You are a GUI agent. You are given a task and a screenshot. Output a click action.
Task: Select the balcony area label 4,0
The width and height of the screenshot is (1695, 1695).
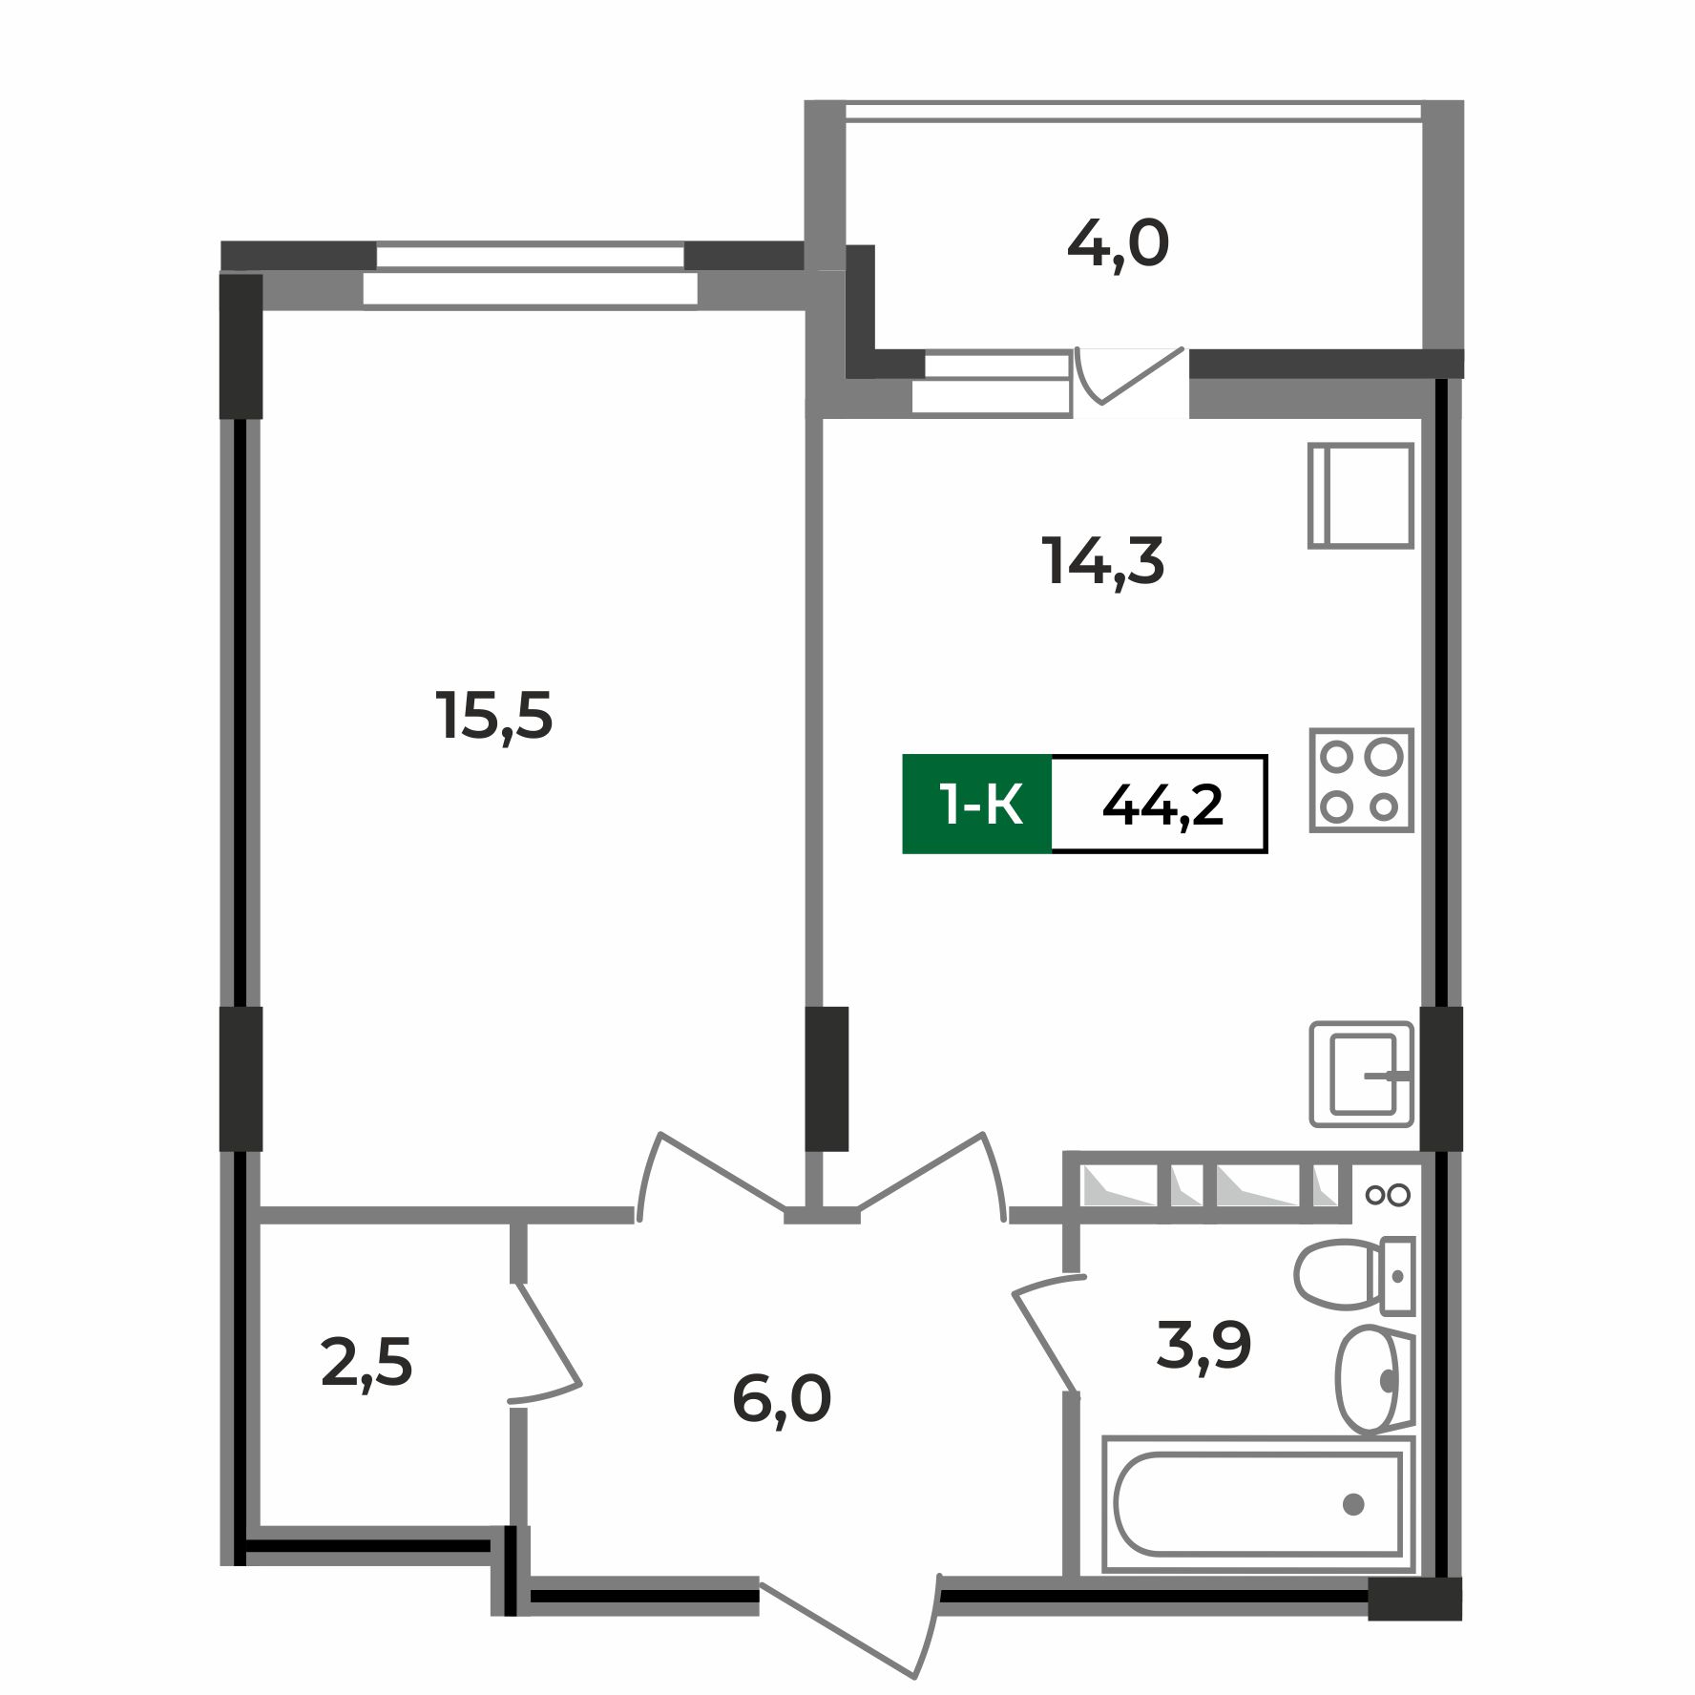(1118, 244)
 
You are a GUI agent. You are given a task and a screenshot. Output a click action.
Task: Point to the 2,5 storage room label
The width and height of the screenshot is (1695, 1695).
(366, 1362)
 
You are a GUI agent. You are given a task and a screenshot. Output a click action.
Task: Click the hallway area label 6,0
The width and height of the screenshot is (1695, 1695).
(782, 1399)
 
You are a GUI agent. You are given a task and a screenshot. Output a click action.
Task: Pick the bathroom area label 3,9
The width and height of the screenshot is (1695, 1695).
(1203, 1346)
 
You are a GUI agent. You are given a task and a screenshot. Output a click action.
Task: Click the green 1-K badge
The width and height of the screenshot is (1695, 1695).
(977, 805)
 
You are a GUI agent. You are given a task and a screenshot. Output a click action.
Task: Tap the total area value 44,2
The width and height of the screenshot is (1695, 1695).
(1161, 805)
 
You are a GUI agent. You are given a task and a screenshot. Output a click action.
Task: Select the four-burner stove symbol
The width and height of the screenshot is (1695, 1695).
(1360, 780)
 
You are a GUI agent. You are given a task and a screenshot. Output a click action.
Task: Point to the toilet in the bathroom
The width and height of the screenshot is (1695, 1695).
(1350, 1274)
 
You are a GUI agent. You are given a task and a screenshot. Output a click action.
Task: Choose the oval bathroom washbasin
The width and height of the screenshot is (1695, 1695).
(1371, 1378)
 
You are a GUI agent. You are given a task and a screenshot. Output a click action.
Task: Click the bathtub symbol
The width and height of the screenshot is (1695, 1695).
(1257, 1504)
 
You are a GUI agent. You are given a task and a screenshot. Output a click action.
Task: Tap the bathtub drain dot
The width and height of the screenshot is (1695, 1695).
(1352, 1505)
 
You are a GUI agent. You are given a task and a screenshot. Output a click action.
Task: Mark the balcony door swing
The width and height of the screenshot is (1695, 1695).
(1131, 378)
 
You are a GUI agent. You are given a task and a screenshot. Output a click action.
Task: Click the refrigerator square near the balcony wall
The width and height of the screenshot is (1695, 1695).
(1360, 494)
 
